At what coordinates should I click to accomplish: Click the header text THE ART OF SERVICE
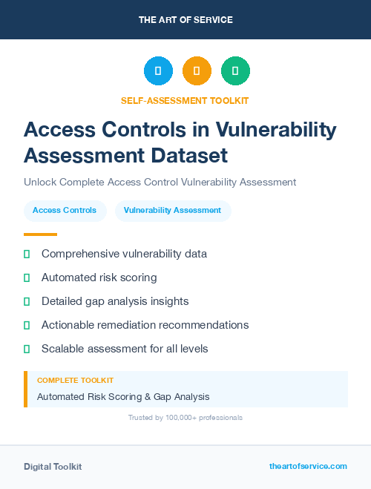pyautogui.click(x=185, y=20)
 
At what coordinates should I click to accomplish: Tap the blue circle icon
pyautogui.click(x=158, y=71)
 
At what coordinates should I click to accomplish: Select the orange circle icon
pyautogui.click(x=197, y=71)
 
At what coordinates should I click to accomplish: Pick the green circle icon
pyautogui.click(x=235, y=71)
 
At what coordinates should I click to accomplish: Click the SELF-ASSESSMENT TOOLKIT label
pyautogui.click(x=185, y=100)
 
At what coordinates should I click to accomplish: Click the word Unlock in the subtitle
pyautogui.click(x=39, y=182)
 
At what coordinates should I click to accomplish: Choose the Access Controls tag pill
pyautogui.click(x=65, y=211)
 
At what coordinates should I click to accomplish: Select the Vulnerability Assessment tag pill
pyautogui.click(x=172, y=211)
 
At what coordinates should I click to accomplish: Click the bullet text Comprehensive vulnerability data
pyautogui.click(x=124, y=254)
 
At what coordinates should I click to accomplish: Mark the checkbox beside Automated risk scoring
pyautogui.click(x=27, y=278)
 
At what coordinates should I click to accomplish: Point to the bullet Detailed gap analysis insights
pyautogui.click(x=115, y=301)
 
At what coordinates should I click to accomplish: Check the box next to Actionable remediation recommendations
pyautogui.click(x=27, y=325)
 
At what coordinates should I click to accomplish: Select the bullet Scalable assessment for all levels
pyautogui.click(x=125, y=349)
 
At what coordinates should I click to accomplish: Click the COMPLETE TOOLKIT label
pyautogui.click(x=75, y=381)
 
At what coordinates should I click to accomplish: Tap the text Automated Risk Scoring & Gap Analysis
pyautogui.click(x=123, y=397)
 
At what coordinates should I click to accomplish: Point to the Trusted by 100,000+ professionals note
pyautogui.click(x=185, y=418)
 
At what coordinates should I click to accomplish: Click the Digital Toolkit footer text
pyautogui.click(x=53, y=467)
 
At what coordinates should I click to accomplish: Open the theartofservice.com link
pyautogui.click(x=308, y=466)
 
